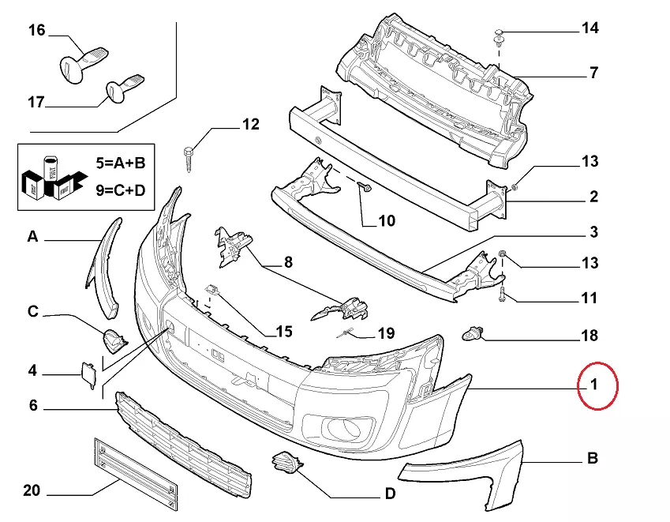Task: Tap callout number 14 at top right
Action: click(x=590, y=28)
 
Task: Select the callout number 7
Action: click(x=593, y=73)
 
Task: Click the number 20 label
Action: click(x=31, y=490)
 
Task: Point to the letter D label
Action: click(x=389, y=494)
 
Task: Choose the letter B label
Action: click(x=592, y=458)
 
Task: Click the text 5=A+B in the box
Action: click(x=121, y=163)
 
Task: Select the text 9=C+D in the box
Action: click(x=121, y=189)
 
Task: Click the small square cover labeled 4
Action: click(x=88, y=374)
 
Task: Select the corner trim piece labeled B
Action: click(x=473, y=474)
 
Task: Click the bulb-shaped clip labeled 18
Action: click(x=472, y=334)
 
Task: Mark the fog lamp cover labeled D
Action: click(x=284, y=464)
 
